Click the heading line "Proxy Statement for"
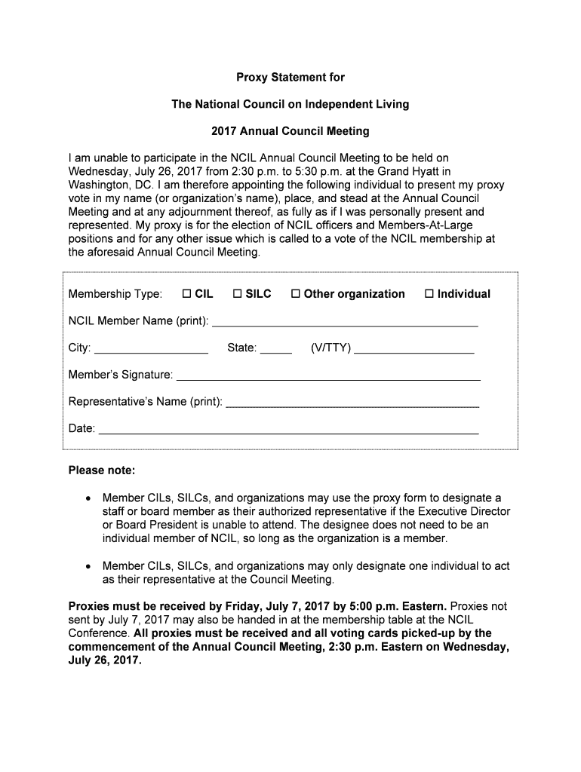pos(290,77)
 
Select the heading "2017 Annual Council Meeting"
pos(290,131)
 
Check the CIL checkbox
pos(186,294)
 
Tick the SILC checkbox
pos(237,294)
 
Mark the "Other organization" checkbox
pos(296,294)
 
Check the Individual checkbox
pos(429,294)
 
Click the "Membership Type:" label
pos(115,294)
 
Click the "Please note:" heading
pos(102,471)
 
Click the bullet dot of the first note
pos(89,499)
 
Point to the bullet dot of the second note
pos(89,566)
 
